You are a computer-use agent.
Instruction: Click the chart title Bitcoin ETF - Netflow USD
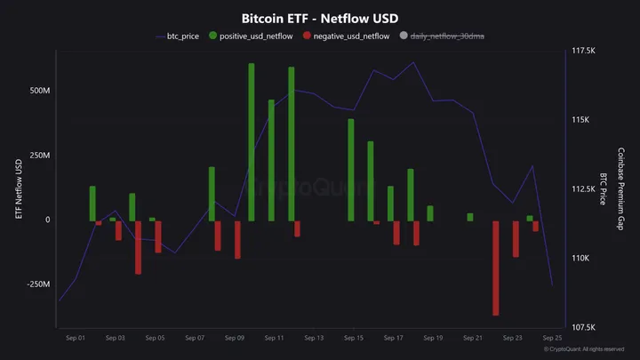click(x=319, y=18)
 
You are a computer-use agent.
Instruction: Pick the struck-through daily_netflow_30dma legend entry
click(x=447, y=36)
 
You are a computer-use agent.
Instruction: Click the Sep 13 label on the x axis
click(x=314, y=339)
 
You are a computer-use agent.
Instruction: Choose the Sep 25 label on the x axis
click(x=552, y=339)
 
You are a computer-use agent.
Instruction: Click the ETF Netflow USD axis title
click(x=18, y=189)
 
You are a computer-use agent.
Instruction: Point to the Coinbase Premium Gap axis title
click(x=621, y=189)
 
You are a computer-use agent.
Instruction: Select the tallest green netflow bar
click(x=252, y=142)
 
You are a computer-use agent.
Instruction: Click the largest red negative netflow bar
click(x=496, y=268)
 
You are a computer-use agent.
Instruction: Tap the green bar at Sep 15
click(x=351, y=170)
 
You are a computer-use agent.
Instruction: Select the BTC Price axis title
click(x=604, y=189)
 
